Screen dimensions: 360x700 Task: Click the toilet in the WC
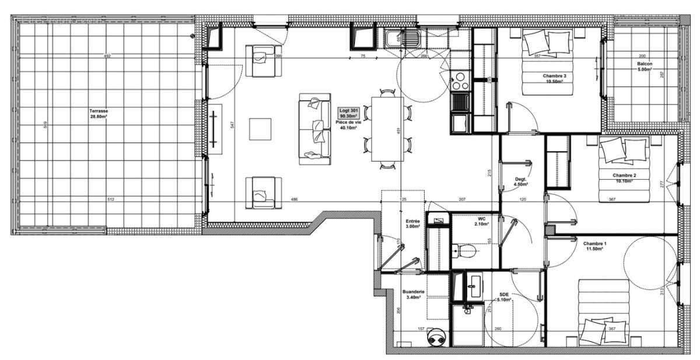point(465,251)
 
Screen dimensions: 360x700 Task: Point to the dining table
point(387,128)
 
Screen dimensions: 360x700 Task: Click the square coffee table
point(260,129)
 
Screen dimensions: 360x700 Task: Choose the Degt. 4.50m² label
point(520,181)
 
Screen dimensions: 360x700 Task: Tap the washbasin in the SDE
point(473,285)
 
